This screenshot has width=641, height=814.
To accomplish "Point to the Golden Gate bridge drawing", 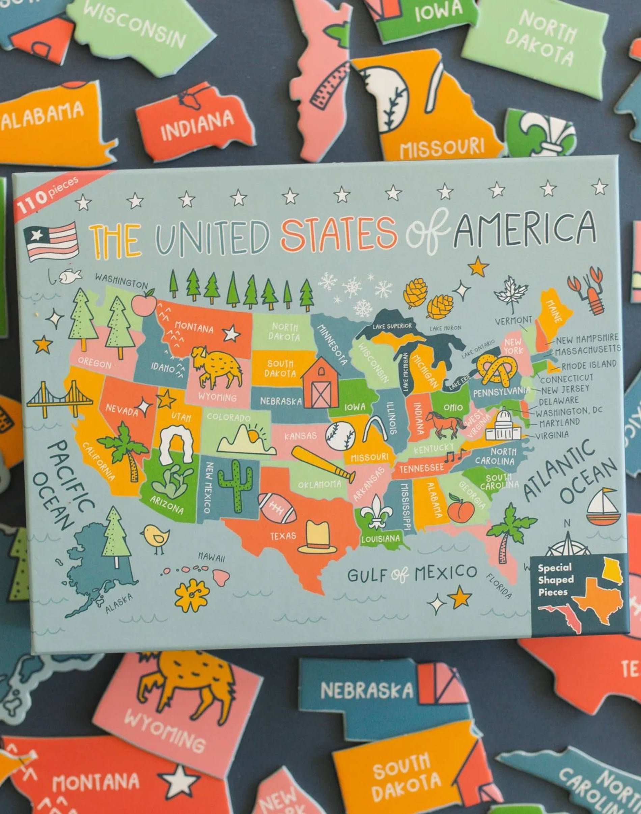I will click(x=60, y=399).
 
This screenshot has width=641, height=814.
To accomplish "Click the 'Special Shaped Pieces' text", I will click(x=555, y=580).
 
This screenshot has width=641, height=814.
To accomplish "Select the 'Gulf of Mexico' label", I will click(x=412, y=574).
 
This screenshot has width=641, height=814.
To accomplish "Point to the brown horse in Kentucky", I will click(x=444, y=425).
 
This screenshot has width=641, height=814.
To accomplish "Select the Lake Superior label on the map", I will click(x=392, y=326).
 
